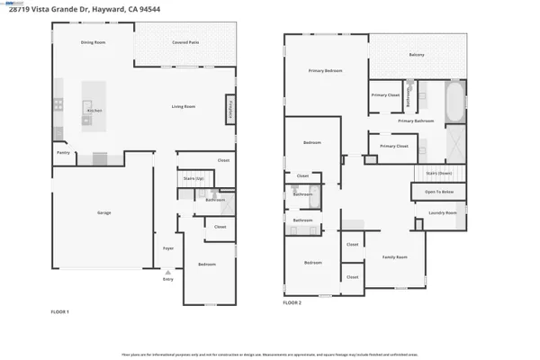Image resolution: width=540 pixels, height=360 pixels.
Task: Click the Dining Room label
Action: pos(93,42)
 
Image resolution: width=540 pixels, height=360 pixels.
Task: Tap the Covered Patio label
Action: pos(185,42)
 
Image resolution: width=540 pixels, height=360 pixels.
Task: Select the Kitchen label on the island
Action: pos(94,111)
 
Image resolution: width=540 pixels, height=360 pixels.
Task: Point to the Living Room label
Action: pos(184,107)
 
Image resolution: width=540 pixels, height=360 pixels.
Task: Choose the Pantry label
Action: pos(63,153)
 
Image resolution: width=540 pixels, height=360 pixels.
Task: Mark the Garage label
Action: pos(104,212)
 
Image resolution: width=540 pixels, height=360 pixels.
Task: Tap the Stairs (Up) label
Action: pos(193,179)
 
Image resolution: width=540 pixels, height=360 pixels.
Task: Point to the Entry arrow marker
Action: pos(167,274)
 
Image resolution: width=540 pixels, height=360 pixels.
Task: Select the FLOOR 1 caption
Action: pos(59,311)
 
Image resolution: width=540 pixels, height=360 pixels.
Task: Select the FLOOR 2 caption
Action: pos(292,303)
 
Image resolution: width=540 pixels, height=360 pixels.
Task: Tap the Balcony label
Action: pos(417,55)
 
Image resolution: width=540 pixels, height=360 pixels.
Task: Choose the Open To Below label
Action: pos(439,192)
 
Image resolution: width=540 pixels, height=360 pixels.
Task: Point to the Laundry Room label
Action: pos(442,213)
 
